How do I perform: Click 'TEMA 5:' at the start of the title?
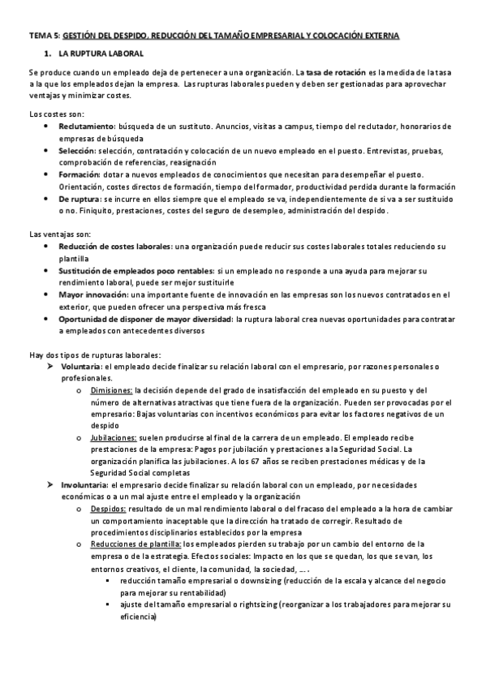click(x=44, y=37)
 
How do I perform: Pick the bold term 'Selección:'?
click(x=77, y=151)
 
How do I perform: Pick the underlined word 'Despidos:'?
click(x=108, y=507)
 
